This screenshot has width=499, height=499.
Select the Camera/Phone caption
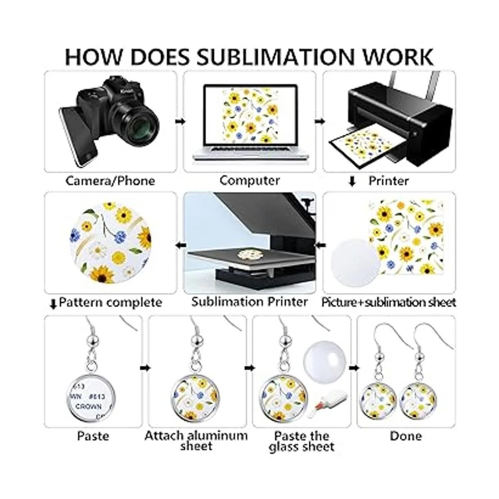pos(110,181)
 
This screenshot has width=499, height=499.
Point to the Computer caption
pos(249,180)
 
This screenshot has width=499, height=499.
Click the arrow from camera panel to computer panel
pos(180,121)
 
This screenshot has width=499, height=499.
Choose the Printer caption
pos(388,181)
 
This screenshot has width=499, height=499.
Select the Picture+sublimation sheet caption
pos(388,302)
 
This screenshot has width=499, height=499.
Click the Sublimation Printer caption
pos(249,301)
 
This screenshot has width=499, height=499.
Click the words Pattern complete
pos(110,302)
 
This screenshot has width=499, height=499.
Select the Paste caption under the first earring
pos(93,436)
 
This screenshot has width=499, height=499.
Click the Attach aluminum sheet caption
pos(196,441)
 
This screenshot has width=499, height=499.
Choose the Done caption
pos(405,436)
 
